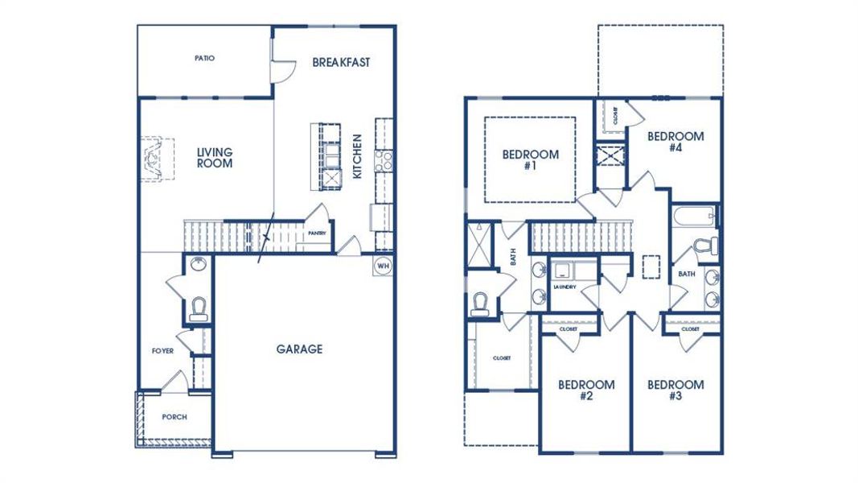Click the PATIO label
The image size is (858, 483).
pyautogui.click(x=204, y=59)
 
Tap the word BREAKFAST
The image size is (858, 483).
pyautogui.click(x=341, y=63)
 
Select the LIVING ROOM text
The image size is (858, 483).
pyautogui.click(x=215, y=158)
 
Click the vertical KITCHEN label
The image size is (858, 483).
pyautogui.click(x=358, y=156)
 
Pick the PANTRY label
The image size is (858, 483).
pyautogui.click(x=316, y=233)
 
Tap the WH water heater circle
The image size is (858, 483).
pyautogui.click(x=383, y=265)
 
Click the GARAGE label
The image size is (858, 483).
pyautogui.click(x=299, y=349)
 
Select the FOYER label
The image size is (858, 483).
pyautogui.click(x=162, y=352)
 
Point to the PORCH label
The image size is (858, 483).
pyautogui.click(x=174, y=417)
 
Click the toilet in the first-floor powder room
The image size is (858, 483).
pyautogui.click(x=199, y=308)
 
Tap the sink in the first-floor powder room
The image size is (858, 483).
pyautogui.click(x=198, y=265)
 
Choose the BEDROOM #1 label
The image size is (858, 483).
pyautogui.click(x=530, y=160)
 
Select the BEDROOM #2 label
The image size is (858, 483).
pyautogui.click(x=586, y=390)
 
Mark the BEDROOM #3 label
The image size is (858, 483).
pyautogui.click(x=675, y=390)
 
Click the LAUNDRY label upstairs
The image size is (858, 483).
pyautogui.click(x=566, y=287)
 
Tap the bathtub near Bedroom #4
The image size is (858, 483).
pyautogui.click(x=695, y=217)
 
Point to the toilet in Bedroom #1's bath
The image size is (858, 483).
pyautogui.click(x=481, y=303)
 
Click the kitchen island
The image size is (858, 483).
pyautogui.click(x=329, y=156)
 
